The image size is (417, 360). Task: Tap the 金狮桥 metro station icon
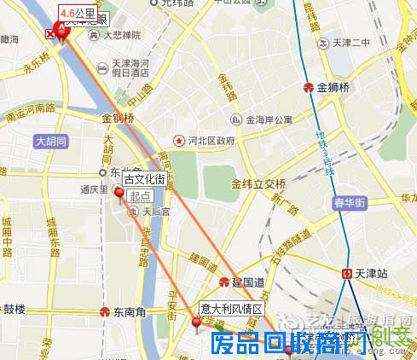point(309,87)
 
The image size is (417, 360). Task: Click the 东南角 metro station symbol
point(105,311)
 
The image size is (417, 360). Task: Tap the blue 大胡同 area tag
point(50,142)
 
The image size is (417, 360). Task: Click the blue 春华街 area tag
point(350,203)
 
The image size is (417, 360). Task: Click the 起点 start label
point(140,195)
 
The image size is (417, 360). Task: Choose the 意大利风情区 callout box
point(232,308)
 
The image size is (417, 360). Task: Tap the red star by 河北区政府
point(179,139)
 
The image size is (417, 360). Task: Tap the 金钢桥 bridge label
point(119,118)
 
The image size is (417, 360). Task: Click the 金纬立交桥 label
point(258,183)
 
